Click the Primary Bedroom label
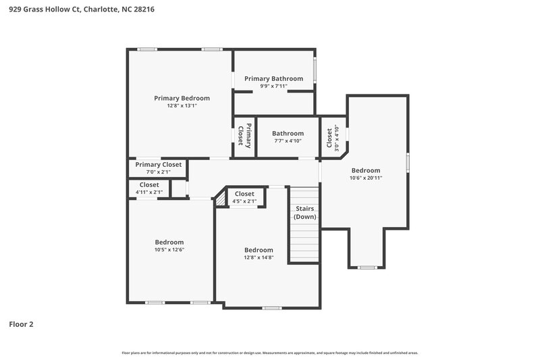pos(182,98)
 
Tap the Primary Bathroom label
pos(273,78)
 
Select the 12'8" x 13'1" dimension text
pos(182,106)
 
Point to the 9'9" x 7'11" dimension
pos(273,86)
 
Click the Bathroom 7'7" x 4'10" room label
pos(288,134)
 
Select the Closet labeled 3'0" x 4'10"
pos(333,138)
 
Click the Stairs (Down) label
pos(304,213)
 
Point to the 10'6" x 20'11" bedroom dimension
pos(365,178)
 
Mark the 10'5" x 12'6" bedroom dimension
pos(169,249)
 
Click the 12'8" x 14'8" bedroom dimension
pos(259,257)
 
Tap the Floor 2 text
pos(21,324)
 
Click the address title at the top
pos(77,9)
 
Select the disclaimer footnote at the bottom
pos(270,353)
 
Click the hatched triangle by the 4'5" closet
pos(220,200)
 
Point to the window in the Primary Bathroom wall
pos(315,71)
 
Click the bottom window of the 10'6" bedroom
pos(367,267)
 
